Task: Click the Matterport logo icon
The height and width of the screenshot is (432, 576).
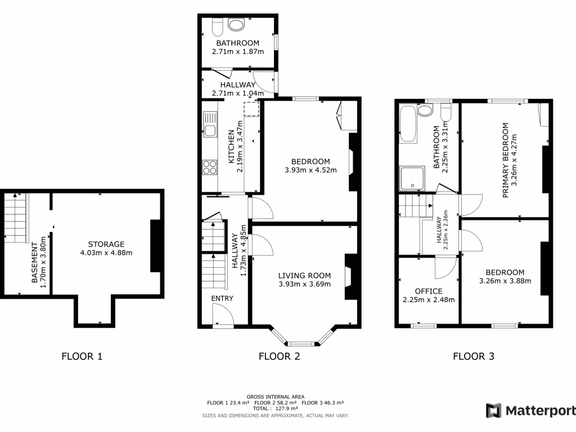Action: (493, 411)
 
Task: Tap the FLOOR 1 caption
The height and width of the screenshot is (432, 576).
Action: (82, 356)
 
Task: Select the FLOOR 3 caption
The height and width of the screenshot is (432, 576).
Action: (474, 356)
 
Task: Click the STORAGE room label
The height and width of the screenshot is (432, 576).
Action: (106, 244)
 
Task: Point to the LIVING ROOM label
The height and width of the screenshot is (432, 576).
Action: (304, 276)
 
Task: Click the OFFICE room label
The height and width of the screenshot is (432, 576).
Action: (429, 291)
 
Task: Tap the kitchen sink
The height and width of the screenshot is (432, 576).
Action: (210, 125)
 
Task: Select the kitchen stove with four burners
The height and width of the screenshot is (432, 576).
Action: (210, 167)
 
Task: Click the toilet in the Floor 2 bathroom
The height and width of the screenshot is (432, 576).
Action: (217, 26)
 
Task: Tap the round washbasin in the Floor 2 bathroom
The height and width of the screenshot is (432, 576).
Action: (236, 25)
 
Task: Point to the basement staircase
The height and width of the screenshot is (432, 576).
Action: (15, 217)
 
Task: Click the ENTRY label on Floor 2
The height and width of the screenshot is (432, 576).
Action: (222, 299)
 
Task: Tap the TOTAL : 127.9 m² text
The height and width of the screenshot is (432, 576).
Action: (276, 408)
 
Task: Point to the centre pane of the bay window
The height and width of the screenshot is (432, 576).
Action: (304, 343)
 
